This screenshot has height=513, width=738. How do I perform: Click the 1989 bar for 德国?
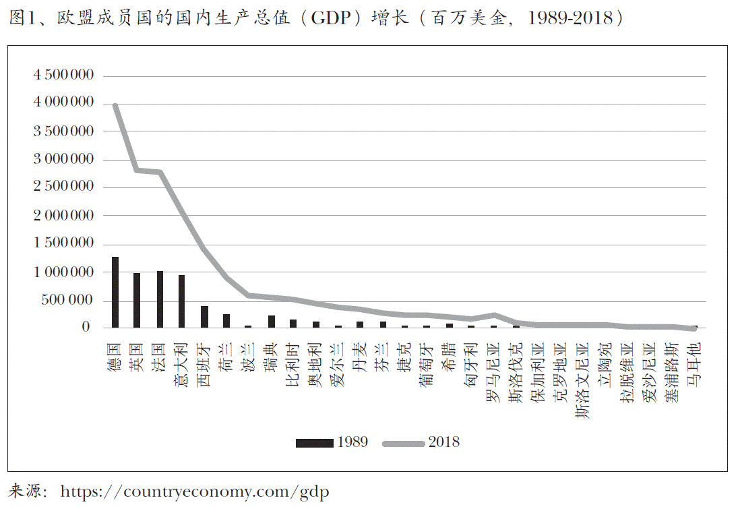point(115,293)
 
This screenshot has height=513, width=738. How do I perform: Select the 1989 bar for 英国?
point(137,301)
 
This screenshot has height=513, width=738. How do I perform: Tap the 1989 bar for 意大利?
point(181,301)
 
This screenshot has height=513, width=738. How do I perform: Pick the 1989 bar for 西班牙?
point(204,317)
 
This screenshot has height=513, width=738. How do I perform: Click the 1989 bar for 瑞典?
point(271,321)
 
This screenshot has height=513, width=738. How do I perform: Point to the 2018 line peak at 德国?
point(115,105)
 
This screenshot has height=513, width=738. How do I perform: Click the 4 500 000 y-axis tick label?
point(64,75)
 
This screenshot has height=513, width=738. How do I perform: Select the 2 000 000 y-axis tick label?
point(64,216)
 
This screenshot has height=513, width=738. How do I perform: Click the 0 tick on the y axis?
point(86,328)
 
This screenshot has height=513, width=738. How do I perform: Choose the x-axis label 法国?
point(160,357)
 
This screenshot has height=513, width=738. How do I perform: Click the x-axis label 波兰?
point(249,357)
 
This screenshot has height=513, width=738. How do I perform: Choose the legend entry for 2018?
point(421,442)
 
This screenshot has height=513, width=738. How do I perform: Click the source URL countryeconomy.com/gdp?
point(195,492)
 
